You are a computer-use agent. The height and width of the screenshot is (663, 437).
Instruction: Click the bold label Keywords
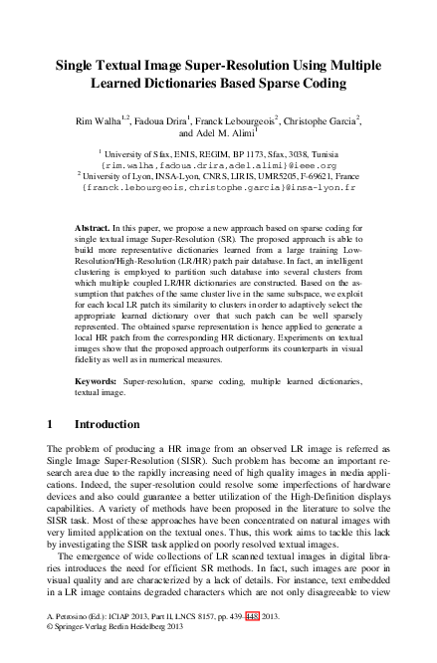[x=98, y=379]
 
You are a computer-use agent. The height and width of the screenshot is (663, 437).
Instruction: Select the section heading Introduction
[x=108, y=424]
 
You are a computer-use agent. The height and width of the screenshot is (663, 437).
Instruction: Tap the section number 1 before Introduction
[x=51, y=424]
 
